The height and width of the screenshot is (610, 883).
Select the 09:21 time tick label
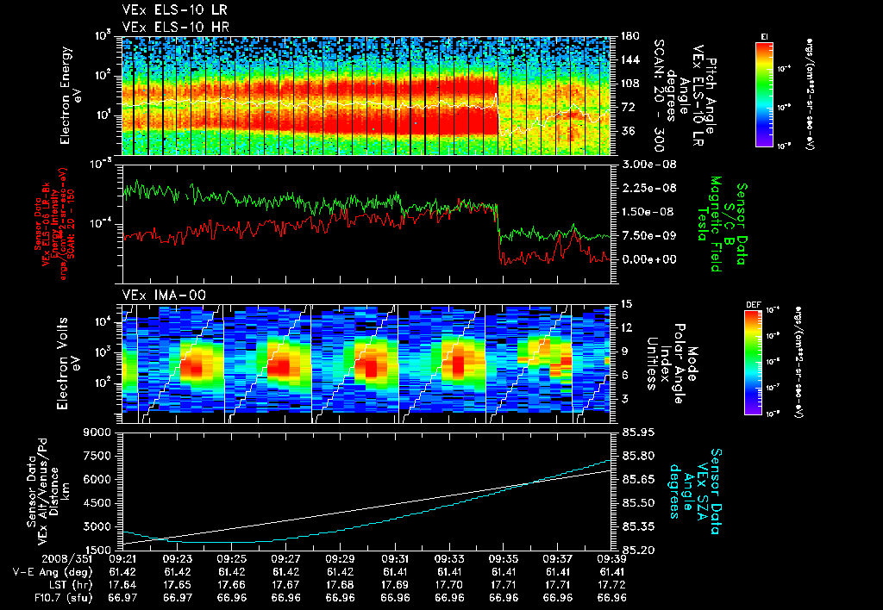tap(122, 558)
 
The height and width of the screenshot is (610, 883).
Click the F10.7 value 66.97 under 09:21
tap(122, 596)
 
